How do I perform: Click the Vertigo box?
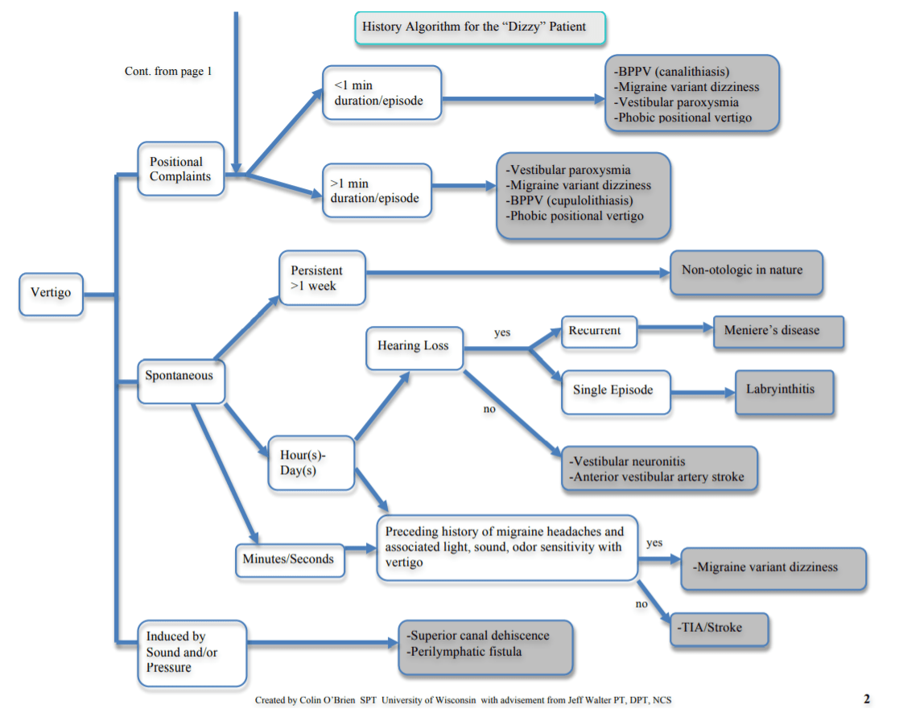coord(51,293)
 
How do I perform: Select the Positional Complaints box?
coord(180,169)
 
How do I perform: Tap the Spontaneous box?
coord(179,376)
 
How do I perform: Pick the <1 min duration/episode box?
coord(381,93)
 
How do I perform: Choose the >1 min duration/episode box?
coord(377,191)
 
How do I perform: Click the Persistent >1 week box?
coord(321,278)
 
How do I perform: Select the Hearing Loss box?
coord(414,347)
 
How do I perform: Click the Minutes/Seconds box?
coord(289,559)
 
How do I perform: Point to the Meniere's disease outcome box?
coord(777,331)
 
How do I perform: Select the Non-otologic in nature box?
coord(745,270)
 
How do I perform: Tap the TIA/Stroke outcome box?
coord(719,628)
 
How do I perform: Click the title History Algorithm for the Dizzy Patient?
coord(480,27)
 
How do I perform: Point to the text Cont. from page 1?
coord(168,72)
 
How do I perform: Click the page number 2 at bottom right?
coord(867,699)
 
